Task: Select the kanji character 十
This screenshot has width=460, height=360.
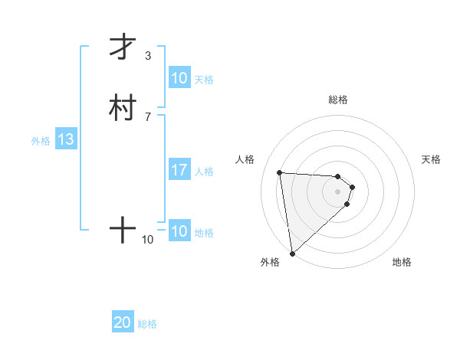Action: [123, 230]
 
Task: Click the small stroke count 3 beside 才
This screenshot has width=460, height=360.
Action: [148, 56]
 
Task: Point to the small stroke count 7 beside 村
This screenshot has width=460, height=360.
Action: [148, 117]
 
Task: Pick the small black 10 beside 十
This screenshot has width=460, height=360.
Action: [148, 240]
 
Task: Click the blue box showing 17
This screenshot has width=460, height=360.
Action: [179, 170]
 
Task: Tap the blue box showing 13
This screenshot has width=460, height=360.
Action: [66, 140]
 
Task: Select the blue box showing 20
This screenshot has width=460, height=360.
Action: [123, 323]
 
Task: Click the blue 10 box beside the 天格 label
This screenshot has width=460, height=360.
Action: [179, 78]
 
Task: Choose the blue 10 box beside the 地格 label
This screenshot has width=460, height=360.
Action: [179, 231]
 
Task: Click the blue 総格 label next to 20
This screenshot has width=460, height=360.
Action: [147, 324]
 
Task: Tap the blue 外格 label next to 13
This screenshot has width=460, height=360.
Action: [41, 141]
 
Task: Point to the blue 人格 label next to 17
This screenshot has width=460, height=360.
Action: [205, 171]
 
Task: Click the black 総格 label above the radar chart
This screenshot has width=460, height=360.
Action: [338, 100]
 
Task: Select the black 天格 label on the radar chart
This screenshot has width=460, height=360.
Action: [432, 159]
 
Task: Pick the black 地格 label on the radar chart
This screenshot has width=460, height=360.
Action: [402, 262]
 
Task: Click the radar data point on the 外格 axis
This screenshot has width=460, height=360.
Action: [292, 253]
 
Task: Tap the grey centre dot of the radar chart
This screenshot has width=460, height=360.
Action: [338, 191]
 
